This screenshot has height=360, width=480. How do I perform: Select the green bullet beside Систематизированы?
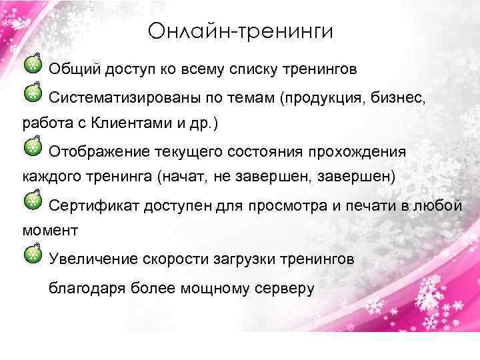tap(31, 95)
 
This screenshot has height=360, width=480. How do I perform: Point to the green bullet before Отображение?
tap(31, 147)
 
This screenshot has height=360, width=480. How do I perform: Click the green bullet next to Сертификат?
tap(31, 199)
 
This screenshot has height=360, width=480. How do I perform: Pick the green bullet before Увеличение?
tap(31, 253)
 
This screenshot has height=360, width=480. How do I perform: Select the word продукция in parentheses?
tap(324, 99)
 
